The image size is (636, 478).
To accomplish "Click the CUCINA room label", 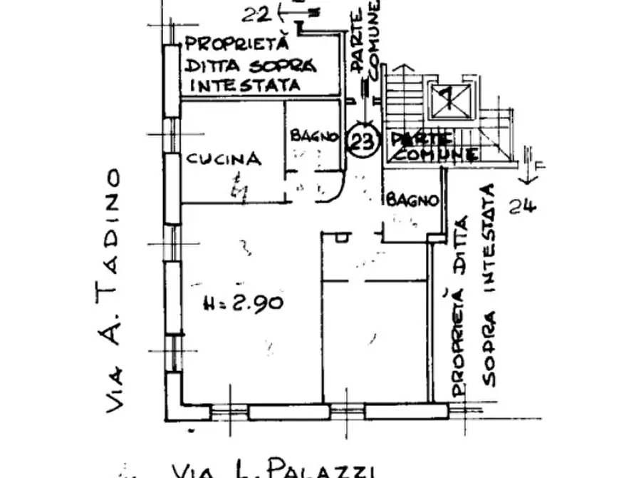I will pyautogui.click(x=223, y=159).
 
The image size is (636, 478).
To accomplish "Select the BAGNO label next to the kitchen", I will pyautogui.click(x=313, y=136).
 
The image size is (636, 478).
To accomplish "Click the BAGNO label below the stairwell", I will pyautogui.click(x=412, y=201).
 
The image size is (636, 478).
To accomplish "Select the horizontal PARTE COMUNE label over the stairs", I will pyautogui.click(x=433, y=145).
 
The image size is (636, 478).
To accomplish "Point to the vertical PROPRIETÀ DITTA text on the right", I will pyautogui.click(x=459, y=306).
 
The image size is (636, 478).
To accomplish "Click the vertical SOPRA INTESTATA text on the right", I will pyautogui.click(x=489, y=285).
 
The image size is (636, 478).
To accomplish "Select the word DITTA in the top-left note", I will pyautogui.click(x=211, y=66).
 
